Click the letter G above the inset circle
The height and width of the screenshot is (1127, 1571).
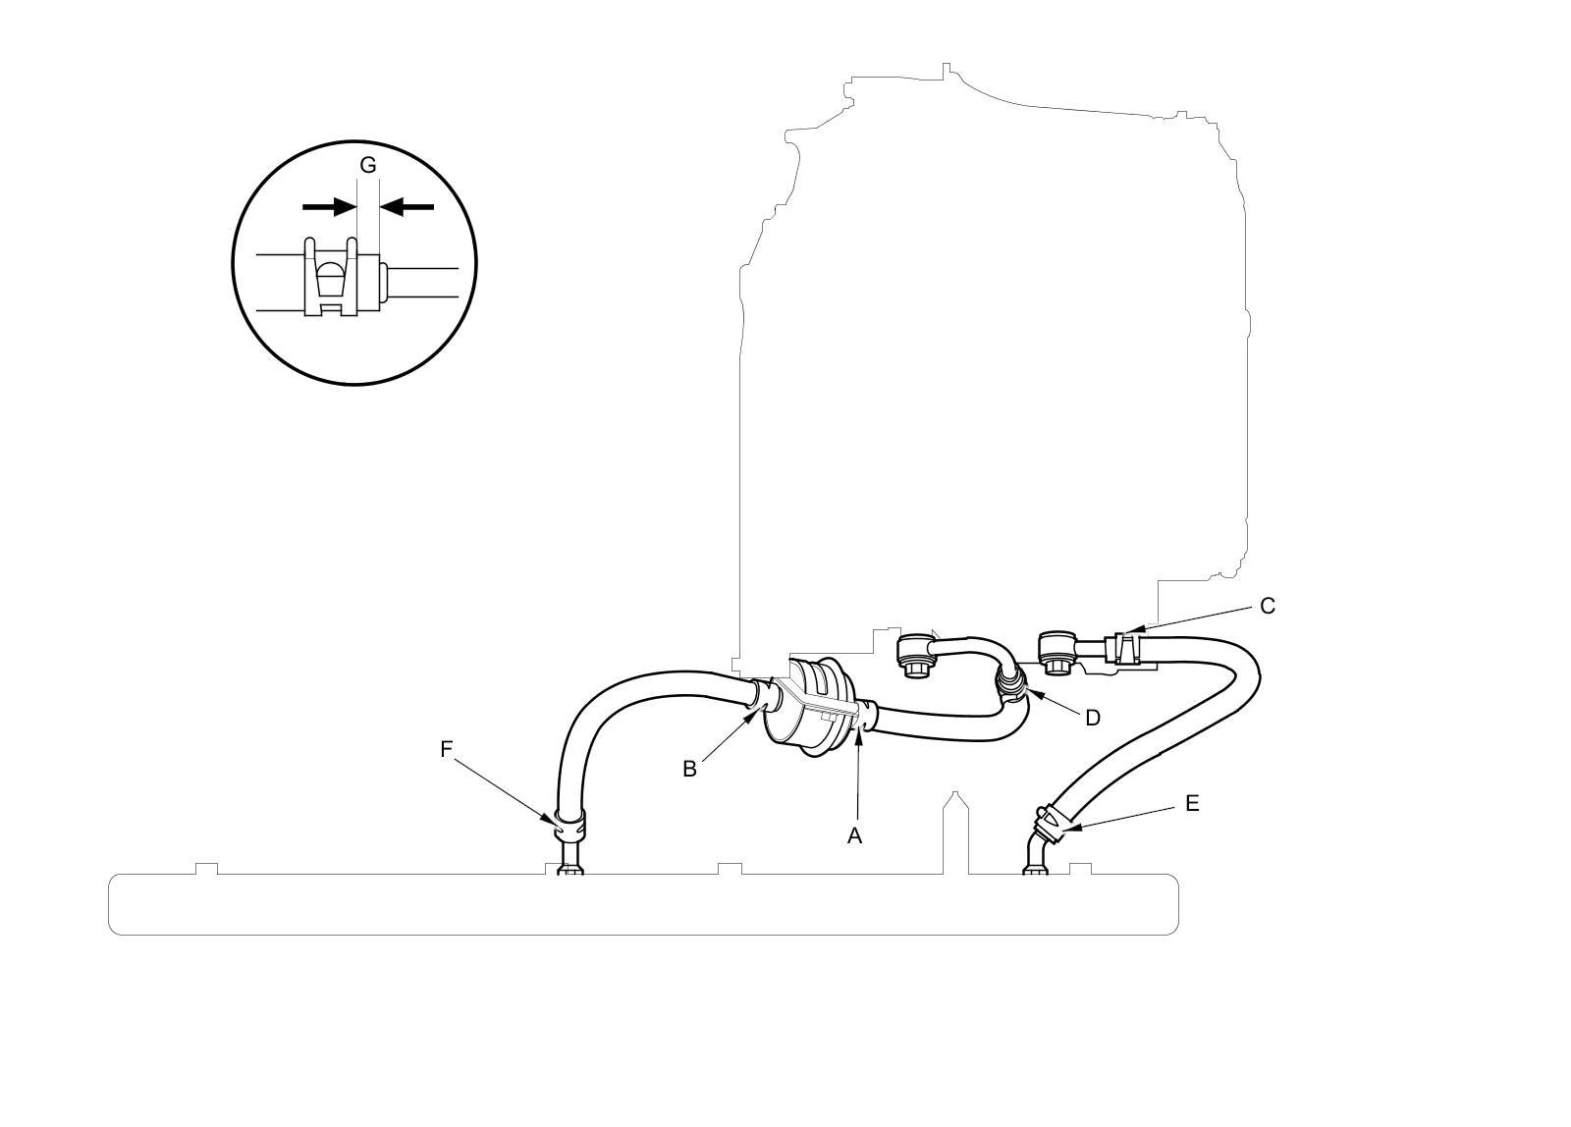[368, 165]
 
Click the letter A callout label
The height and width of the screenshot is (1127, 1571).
[855, 835]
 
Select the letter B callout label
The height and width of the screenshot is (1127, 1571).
[689, 769]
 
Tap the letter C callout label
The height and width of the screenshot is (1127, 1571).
[1267, 606]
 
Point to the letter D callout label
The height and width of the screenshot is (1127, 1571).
[1092, 718]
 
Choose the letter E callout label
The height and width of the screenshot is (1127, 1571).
[1192, 803]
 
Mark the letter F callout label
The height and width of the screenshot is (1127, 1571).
[446, 750]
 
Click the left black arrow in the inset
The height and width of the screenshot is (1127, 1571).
[329, 206]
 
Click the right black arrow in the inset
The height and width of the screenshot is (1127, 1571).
[406, 206]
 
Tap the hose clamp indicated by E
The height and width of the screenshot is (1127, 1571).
[1053, 821]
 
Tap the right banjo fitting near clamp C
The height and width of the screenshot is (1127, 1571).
[1057, 652]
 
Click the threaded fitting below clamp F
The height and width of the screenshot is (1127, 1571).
[569, 862]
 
